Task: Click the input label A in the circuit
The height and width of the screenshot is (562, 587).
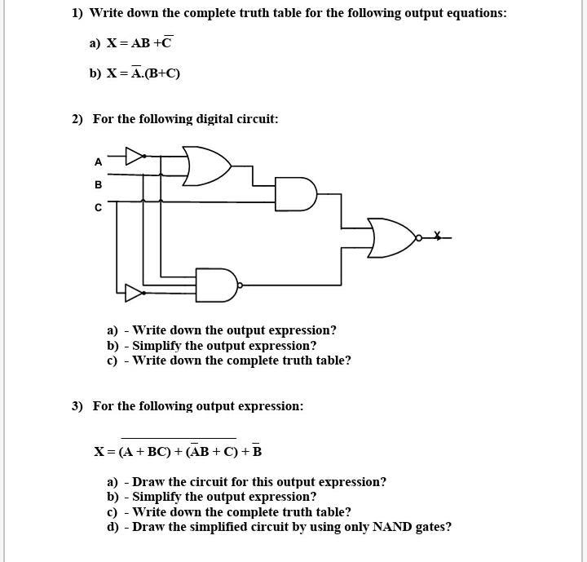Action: pos(99,162)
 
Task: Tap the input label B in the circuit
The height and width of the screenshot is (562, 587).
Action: pos(99,184)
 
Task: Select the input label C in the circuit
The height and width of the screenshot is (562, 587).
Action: pos(99,207)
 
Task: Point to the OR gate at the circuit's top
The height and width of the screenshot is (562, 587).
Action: pos(206,166)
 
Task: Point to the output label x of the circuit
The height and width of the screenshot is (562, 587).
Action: pos(438,236)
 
